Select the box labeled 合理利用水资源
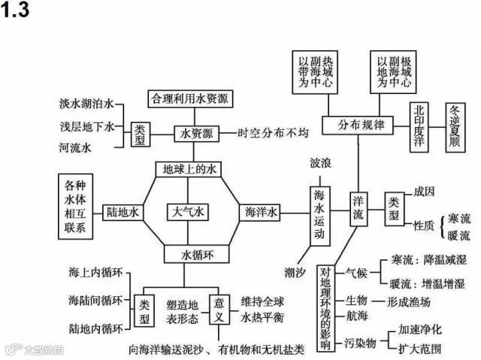(190, 98)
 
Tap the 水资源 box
(197, 133)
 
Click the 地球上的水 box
(189, 169)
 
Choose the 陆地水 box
(123, 213)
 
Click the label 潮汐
(296, 271)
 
